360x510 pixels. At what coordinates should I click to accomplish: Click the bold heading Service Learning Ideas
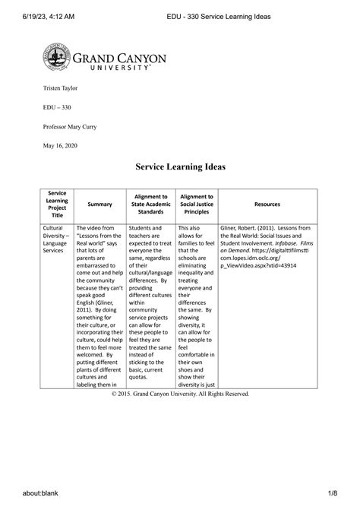coord(180,166)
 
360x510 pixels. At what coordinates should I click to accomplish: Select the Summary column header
coord(99,204)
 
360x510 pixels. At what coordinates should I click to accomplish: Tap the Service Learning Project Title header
coord(57,204)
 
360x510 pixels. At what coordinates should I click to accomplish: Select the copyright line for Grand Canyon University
coord(179,394)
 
